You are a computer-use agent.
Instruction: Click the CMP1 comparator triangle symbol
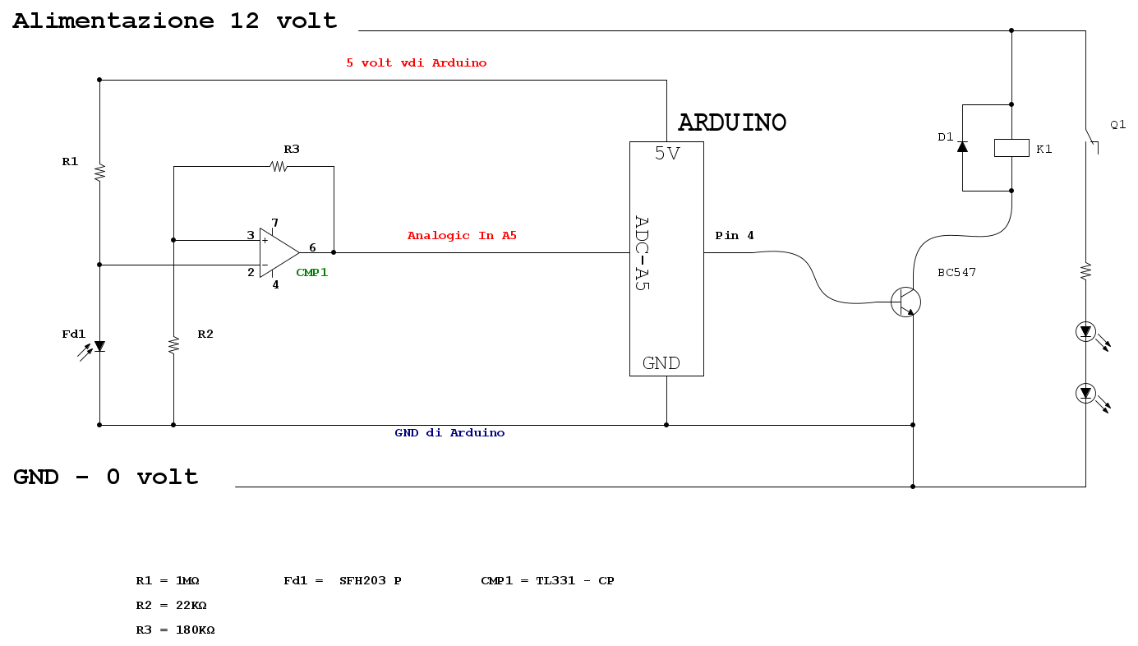click(278, 252)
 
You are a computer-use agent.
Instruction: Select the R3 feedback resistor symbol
click(279, 166)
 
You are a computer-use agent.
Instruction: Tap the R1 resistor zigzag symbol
click(99, 173)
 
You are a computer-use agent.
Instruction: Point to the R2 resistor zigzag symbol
click(173, 345)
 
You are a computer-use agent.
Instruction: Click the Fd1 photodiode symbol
click(99, 347)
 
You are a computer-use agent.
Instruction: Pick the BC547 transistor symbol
click(905, 302)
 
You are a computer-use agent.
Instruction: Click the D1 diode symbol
click(962, 147)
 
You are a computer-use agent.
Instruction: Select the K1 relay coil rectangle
click(1011, 148)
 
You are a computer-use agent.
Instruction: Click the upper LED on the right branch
click(1085, 332)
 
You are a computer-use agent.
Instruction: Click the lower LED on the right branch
click(1085, 394)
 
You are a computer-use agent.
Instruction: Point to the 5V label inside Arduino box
click(666, 154)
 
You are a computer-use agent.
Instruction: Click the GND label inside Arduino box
click(661, 363)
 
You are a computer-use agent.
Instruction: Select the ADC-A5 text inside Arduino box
click(643, 252)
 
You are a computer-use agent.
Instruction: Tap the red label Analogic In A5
click(462, 236)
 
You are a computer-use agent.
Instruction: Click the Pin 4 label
click(735, 236)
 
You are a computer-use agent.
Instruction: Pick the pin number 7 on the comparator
click(275, 223)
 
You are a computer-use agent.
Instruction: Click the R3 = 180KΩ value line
click(175, 630)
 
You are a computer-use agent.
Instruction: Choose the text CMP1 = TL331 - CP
click(547, 580)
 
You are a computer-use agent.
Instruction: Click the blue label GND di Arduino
click(449, 433)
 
